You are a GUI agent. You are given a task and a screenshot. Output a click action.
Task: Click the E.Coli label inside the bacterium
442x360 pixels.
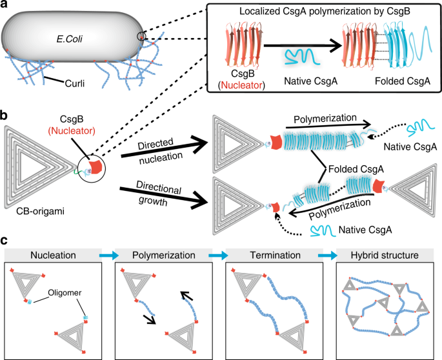pyautogui.click(x=69, y=39)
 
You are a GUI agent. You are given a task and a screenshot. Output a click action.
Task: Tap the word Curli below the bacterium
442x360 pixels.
pyautogui.click(x=75, y=83)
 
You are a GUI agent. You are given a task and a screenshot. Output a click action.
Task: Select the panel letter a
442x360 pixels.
pyautogui.click(x=4, y=5)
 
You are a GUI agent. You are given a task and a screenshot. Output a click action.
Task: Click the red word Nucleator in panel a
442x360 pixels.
pyautogui.click(x=241, y=85)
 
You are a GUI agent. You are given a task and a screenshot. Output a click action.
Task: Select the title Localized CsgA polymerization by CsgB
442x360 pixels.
pyautogui.click(x=325, y=11)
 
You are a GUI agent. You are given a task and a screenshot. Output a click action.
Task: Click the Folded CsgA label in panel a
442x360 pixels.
pyautogui.click(x=403, y=81)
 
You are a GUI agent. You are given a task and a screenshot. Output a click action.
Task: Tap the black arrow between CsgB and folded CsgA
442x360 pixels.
pyautogui.click(x=303, y=45)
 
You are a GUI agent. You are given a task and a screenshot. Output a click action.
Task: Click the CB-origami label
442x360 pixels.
pyautogui.click(x=40, y=211)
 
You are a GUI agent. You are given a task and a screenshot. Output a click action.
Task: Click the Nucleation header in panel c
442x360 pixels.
pyautogui.click(x=53, y=255)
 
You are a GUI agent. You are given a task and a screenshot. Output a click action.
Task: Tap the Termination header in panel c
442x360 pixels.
pyautogui.click(x=275, y=255)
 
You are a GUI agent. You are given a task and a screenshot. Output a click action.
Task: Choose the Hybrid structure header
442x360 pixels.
pyautogui.click(x=385, y=255)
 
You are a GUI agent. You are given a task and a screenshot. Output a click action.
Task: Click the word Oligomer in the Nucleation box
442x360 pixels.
pyautogui.click(x=65, y=293)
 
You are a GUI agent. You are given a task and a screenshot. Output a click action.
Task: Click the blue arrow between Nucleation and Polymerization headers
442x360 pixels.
pyautogui.click(x=109, y=255)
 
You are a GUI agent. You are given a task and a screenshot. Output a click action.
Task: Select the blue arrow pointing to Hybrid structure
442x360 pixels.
pyautogui.click(x=328, y=255)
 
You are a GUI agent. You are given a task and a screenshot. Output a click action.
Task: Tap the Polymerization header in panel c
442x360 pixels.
pyautogui.click(x=164, y=255)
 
